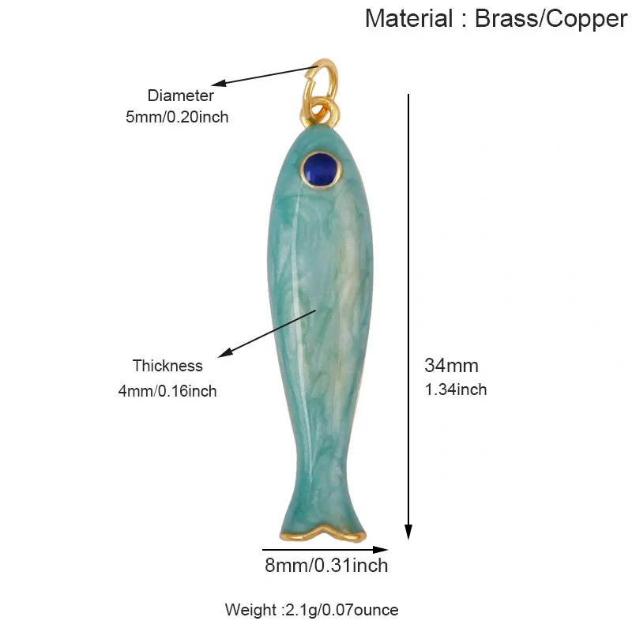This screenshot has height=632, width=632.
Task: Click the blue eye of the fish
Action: (x=321, y=170)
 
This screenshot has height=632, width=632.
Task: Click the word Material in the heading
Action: (x=409, y=18)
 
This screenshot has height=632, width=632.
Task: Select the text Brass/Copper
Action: (x=551, y=18)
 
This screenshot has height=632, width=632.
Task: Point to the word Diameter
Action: (x=181, y=96)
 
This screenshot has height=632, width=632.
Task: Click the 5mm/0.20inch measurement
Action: (x=177, y=117)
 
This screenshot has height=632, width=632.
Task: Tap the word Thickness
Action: (x=167, y=366)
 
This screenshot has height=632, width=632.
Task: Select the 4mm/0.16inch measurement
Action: (x=167, y=391)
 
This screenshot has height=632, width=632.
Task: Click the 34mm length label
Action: (x=451, y=366)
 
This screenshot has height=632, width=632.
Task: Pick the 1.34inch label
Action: (x=456, y=389)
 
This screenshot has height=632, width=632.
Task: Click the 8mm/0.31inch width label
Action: (x=326, y=565)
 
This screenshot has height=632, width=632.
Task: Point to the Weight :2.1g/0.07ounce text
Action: (x=311, y=610)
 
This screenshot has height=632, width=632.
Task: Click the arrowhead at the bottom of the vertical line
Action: (x=408, y=531)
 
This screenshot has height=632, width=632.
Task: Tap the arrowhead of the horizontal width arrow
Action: (x=380, y=549)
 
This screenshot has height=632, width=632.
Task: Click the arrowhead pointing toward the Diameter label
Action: (x=219, y=83)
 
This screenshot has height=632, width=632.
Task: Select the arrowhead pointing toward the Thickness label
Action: (x=225, y=352)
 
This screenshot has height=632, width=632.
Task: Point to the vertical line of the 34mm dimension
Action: (x=408, y=317)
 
